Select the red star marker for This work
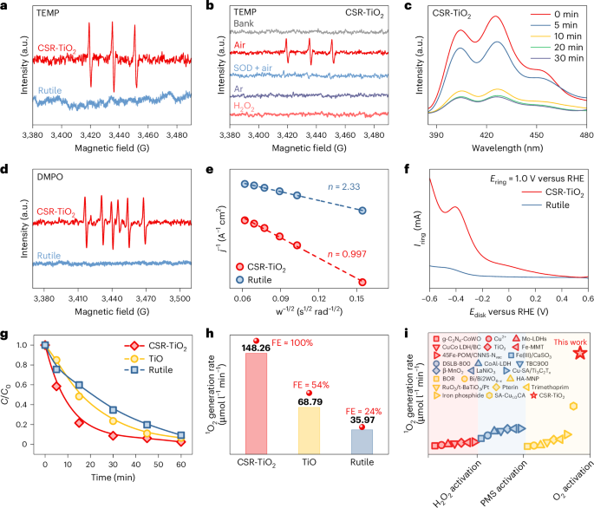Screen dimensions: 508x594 click(579, 353)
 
